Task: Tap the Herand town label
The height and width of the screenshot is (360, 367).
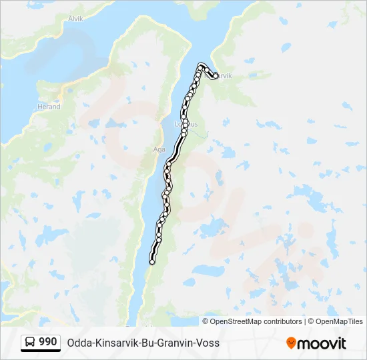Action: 49,107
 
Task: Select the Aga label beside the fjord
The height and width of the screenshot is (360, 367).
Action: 158,149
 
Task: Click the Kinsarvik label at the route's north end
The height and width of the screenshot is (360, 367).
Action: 220,76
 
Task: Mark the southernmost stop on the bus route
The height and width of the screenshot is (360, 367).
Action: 152,262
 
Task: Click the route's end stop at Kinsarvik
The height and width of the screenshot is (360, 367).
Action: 215,76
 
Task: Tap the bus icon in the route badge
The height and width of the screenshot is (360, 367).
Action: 30,343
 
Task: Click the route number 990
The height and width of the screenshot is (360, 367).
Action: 48,342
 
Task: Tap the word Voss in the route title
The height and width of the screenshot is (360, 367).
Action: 208,343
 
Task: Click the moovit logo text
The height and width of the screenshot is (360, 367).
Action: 322,343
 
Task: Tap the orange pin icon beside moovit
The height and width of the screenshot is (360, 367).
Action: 291,343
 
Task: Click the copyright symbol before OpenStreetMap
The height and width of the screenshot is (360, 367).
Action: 206,321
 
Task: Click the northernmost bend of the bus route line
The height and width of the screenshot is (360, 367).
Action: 201,65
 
